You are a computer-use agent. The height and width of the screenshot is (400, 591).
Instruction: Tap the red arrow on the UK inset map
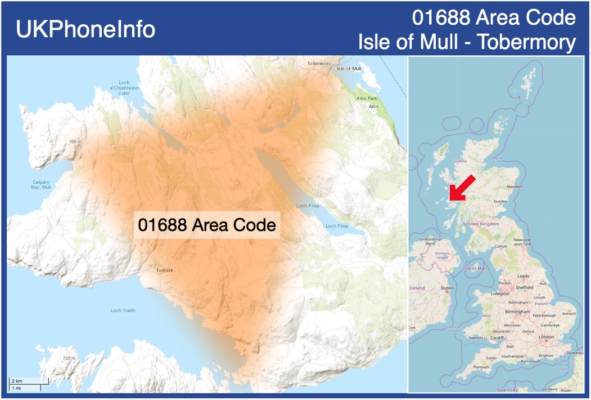pos(463,188)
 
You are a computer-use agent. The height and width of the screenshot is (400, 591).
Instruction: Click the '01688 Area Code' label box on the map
pos(207,225)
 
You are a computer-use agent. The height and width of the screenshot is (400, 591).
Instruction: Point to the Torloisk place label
pos(165,270)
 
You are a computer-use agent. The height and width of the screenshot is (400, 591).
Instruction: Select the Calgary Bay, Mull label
pos(40,184)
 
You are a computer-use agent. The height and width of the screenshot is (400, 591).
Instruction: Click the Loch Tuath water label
pos(123,310)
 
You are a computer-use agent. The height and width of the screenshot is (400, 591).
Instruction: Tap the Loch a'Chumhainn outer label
pos(124,88)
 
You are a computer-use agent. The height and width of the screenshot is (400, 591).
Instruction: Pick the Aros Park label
pos(367,98)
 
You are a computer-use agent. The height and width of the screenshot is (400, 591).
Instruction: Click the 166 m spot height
pos(75,141)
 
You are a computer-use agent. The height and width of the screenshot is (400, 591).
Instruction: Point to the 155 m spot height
pos(69,358)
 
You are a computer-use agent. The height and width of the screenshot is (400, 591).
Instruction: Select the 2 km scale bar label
pos(17,381)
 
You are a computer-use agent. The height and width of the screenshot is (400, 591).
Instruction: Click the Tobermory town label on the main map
pos(319,64)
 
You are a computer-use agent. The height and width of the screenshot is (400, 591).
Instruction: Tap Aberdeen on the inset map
pos(514,186)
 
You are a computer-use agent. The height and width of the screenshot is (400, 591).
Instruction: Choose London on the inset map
pos(546,337)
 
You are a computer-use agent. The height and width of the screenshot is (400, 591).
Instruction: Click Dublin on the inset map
pos(448,288)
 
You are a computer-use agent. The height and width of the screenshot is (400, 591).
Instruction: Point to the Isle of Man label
pos(475,268)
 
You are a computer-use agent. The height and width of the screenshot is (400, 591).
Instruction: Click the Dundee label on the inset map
pos(500,201)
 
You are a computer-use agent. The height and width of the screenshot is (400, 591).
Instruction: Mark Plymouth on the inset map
pos(481,367)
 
